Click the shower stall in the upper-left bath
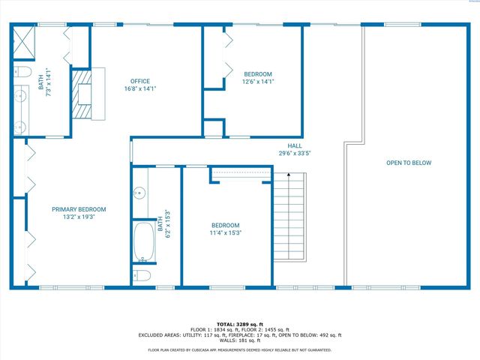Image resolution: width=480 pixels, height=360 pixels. (24, 43)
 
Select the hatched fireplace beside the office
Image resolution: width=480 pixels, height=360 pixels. (79, 94)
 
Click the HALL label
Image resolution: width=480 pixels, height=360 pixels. (294, 145)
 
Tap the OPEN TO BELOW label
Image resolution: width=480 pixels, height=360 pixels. (409, 163)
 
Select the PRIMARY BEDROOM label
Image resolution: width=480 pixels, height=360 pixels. (79, 209)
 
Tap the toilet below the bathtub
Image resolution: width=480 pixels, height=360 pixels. (142, 275)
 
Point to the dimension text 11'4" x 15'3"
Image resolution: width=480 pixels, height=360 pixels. (225, 232)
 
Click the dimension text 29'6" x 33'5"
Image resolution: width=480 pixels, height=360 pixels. (294, 153)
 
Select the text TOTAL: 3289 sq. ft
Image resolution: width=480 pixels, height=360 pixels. (240, 323)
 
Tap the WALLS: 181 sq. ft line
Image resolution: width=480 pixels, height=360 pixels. (240, 341)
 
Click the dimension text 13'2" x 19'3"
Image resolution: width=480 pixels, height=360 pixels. (79, 217)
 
